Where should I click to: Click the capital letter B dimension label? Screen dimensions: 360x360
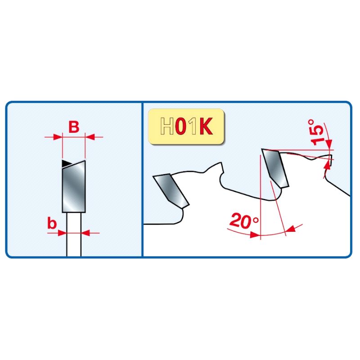coord(74,127)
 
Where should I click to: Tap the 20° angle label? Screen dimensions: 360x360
coord(244,220)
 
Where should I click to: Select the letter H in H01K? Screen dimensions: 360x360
coord(167,126)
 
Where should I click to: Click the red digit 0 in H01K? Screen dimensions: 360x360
coord(181,126)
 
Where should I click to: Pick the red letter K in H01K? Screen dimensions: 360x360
coord(206,126)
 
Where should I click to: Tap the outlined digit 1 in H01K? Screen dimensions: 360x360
coord(193,126)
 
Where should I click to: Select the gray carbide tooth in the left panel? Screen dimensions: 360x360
coord(74,187)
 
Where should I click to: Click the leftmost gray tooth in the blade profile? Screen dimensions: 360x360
coord(171,191)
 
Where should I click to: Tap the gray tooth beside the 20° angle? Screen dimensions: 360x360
coord(275,168)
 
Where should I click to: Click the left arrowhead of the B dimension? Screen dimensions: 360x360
coord(58,137)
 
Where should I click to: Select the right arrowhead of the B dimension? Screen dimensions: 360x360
coord(90,137)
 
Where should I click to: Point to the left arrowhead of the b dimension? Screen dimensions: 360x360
coord(62,233)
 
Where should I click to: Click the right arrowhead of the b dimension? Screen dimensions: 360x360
coord(85,233)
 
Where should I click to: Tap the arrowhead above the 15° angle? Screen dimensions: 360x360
coord(329,144)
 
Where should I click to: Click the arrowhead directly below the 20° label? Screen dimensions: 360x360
coord(255,234)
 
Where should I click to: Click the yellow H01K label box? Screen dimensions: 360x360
coord(186,126)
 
